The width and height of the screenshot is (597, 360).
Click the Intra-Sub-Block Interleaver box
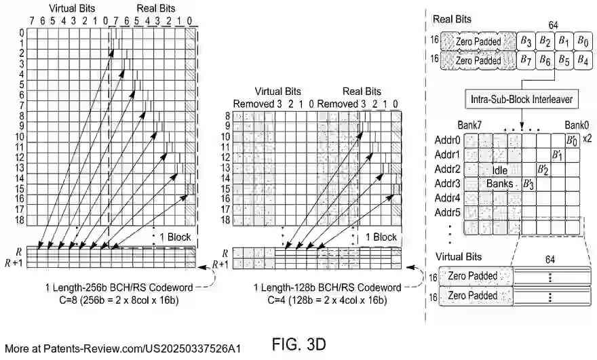(522, 100)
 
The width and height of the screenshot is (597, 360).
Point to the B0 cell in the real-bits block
(581, 41)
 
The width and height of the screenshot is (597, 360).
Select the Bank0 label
(577, 125)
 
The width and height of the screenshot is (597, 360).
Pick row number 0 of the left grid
(22, 32)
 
